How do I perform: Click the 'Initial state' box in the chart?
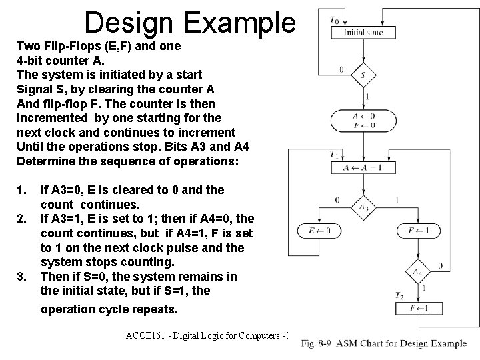363,31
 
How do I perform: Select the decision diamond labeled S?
363,75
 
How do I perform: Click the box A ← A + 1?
363,167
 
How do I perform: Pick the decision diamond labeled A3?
363,208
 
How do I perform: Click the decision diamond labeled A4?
418,271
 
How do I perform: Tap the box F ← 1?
418,308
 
